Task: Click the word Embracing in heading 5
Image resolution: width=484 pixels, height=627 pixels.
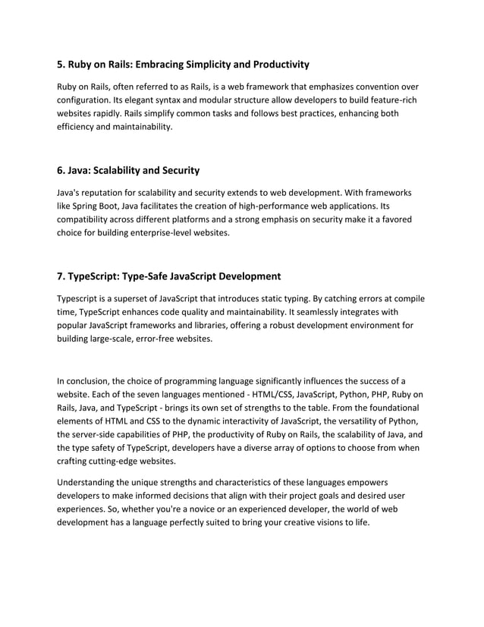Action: click(168, 65)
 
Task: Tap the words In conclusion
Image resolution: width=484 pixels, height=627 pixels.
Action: click(84, 380)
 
